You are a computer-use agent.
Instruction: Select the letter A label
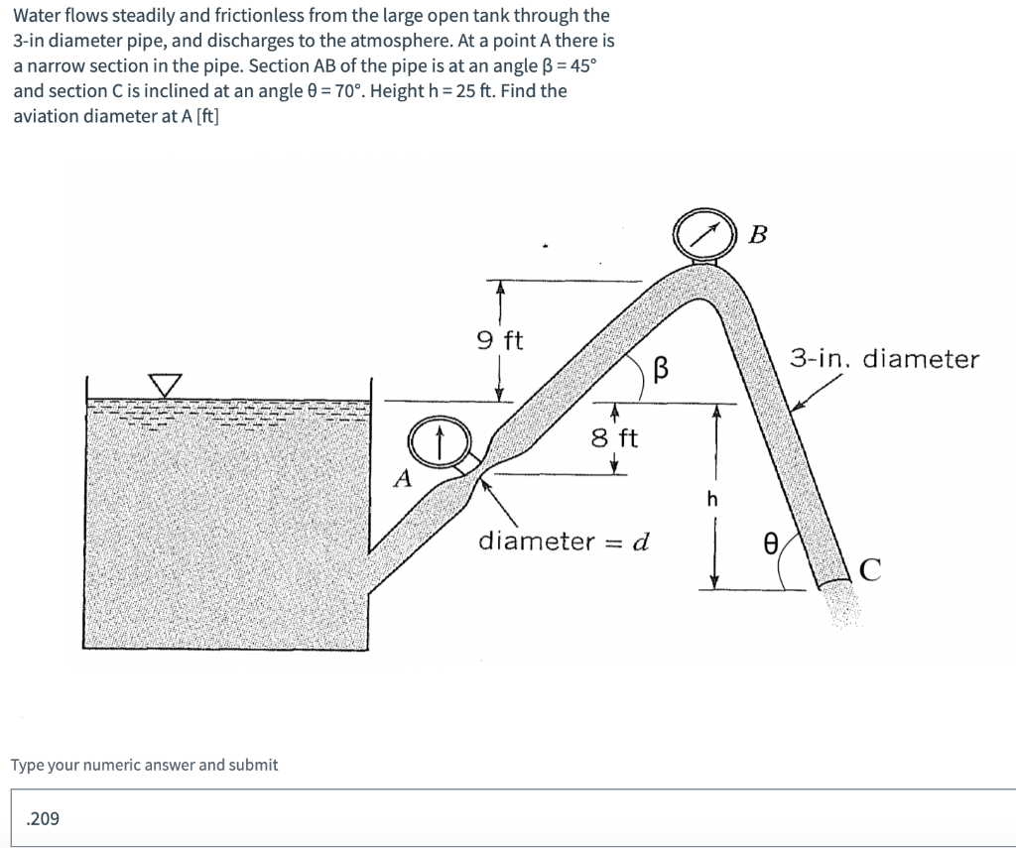point(402,479)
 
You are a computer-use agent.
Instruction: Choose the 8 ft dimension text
point(615,437)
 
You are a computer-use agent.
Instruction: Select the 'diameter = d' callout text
point(563,542)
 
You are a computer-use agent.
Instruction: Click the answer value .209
point(44,818)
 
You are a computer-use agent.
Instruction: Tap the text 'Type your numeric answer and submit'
point(144,765)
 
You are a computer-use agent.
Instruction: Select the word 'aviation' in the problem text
point(44,116)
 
